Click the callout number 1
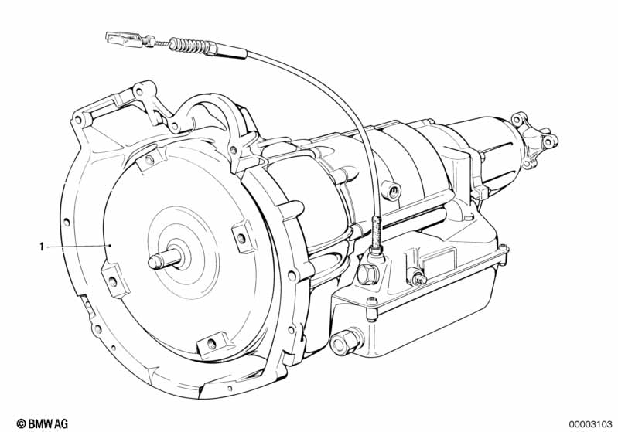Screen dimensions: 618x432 (42, 247)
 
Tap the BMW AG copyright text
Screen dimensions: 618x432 (43, 423)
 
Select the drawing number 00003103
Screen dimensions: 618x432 (590, 424)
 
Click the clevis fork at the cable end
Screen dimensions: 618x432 (123, 39)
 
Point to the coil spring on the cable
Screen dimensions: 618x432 (189, 46)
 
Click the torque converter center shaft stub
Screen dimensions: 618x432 (165, 260)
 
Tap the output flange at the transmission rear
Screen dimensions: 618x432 (535, 141)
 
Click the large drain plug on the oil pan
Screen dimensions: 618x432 (345, 341)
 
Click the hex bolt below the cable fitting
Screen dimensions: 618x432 (367, 274)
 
